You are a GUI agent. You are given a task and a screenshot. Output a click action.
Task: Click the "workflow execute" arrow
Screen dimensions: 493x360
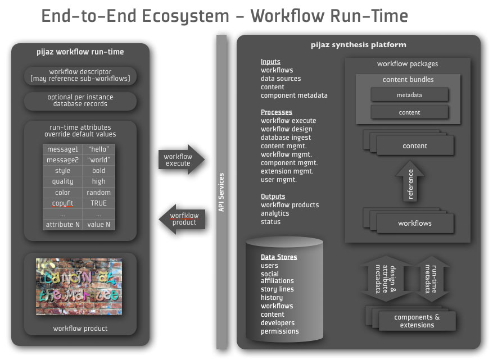pyautogui.click(x=182, y=160)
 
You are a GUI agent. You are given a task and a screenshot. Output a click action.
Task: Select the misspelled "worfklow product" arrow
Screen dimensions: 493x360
pyautogui.click(x=182, y=219)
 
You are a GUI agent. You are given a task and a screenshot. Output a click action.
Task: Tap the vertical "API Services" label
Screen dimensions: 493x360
pyautogui.click(x=221, y=192)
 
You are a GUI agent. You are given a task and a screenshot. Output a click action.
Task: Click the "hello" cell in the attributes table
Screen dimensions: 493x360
pyautogui.click(x=99, y=149)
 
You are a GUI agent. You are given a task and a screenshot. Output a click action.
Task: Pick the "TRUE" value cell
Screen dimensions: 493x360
pyautogui.click(x=99, y=203)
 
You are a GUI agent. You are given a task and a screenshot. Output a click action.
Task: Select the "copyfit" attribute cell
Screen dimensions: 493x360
pyautogui.click(x=62, y=203)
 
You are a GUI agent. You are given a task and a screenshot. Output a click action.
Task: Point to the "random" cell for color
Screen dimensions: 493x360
pyautogui.click(x=99, y=193)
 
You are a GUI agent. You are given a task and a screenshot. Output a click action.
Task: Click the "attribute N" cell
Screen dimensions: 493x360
pyautogui.click(x=62, y=225)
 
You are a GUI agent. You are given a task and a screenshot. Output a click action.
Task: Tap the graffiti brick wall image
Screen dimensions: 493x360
pyautogui.click(x=79, y=286)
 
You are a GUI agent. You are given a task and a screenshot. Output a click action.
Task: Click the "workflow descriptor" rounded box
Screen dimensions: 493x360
pyautogui.click(x=80, y=75)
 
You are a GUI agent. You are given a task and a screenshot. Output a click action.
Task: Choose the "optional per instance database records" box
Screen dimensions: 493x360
pyautogui.click(x=80, y=101)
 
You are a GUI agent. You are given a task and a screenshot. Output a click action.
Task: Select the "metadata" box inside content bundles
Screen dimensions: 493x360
pyautogui.click(x=409, y=95)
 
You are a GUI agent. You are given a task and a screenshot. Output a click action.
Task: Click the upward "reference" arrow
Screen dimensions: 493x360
pyautogui.click(x=410, y=181)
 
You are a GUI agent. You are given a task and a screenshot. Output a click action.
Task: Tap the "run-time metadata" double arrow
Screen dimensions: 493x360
pyautogui.click(x=431, y=279)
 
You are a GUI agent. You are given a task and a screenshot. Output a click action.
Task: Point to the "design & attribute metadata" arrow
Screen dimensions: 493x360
pyautogui.click(x=386, y=279)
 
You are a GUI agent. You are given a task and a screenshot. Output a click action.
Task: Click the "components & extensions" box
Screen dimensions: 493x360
pyautogui.click(x=417, y=321)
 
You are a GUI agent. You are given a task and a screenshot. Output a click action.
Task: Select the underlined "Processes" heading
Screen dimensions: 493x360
pyautogui.click(x=277, y=112)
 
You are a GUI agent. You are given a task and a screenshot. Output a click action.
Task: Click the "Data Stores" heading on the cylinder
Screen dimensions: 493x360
pyautogui.click(x=279, y=257)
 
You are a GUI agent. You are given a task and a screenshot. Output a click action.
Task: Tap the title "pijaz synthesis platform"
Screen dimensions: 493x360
pyautogui.click(x=359, y=45)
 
